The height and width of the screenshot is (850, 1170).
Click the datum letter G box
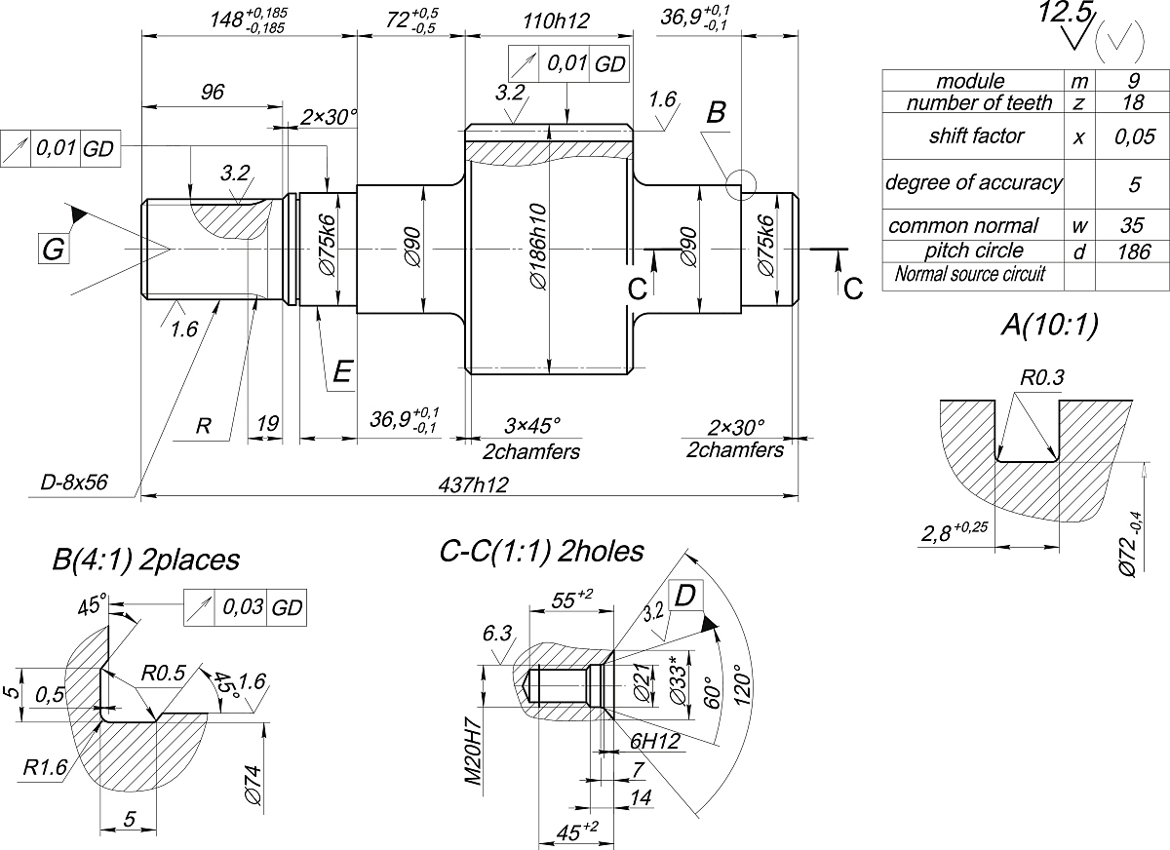click(x=53, y=251)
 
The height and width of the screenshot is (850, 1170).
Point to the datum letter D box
click(x=684, y=595)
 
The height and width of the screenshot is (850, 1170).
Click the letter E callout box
click(x=341, y=372)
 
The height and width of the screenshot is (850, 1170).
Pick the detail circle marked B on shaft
click(x=740, y=182)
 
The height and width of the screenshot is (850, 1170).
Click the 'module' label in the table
click(x=969, y=81)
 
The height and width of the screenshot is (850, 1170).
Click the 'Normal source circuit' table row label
click(x=969, y=275)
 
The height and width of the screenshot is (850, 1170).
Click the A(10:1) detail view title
click(x=1049, y=328)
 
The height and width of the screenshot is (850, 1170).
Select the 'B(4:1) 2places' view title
click(x=146, y=560)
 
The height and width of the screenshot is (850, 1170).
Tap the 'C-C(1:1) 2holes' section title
click(x=542, y=552)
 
